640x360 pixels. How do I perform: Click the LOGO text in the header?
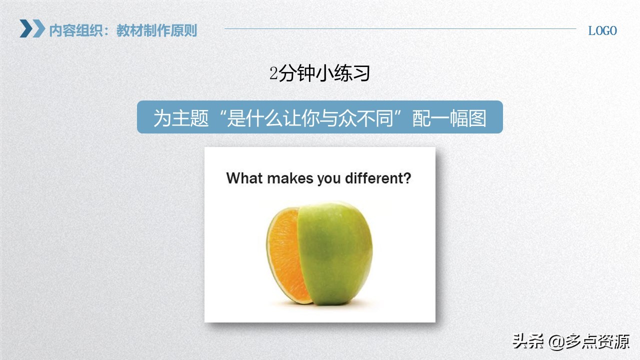(602, 30)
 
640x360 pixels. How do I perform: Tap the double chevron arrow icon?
(32, 28)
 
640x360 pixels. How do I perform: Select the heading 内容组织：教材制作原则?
(123, 30)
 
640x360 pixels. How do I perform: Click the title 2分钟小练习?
(319, 74)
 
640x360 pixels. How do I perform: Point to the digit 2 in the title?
(273, 74)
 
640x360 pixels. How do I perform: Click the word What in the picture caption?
(244, 178)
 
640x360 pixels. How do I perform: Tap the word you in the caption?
(328, 178)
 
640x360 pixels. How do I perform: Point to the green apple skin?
(335, 250)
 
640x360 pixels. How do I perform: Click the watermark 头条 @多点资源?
(570, 342)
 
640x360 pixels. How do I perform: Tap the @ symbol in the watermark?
(556, 342)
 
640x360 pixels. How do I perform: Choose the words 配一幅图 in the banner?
(449, 118)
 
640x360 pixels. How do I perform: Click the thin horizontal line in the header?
(400, 28)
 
